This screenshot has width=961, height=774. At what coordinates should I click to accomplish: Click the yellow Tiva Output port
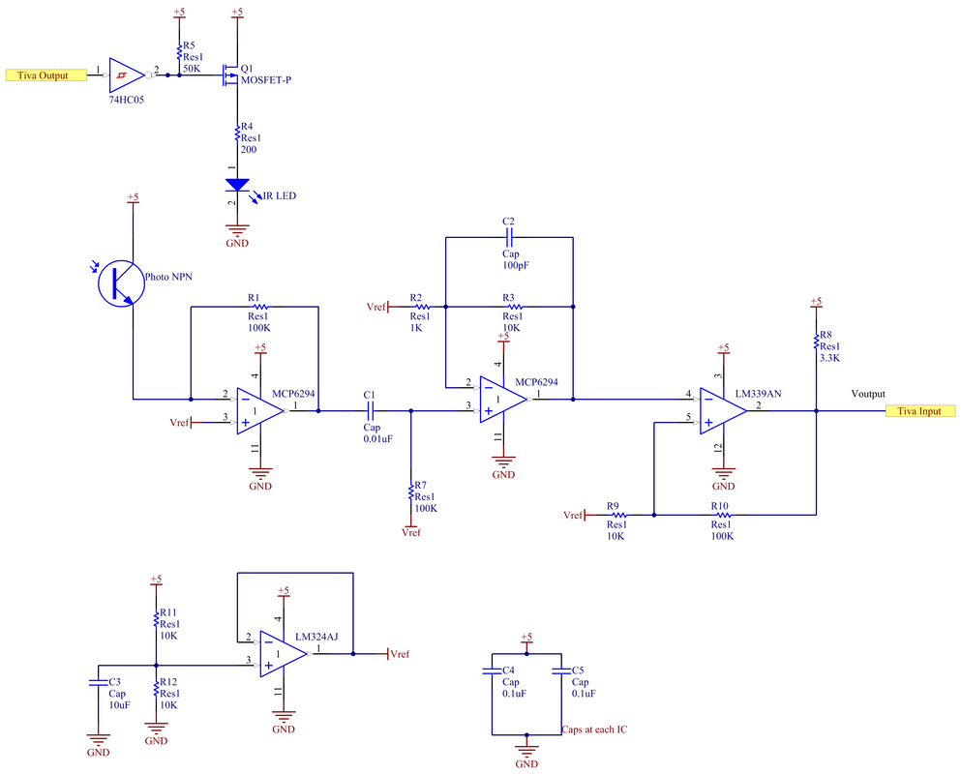click(x=45, y=75)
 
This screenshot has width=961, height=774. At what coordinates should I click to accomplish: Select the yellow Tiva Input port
click(x=920, y=410)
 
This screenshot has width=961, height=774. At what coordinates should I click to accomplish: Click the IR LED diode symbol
click(x=237, y=185)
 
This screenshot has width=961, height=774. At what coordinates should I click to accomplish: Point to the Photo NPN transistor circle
click(x=121, y=283)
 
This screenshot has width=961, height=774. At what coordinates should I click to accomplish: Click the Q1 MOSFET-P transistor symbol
click(x=231, y=74)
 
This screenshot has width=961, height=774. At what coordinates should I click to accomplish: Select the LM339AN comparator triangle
click(x=723, y=410)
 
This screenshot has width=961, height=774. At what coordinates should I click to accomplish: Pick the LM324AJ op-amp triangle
click(x=284, y=654)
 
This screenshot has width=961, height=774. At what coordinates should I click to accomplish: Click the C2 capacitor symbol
click(x=509, y=237)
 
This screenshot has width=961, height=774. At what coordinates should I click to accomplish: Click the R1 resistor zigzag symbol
click(x=260, y=307)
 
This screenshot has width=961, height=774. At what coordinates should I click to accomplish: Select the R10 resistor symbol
click(x=723, y=515)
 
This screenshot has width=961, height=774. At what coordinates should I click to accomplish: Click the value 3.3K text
click(x=829, y=358)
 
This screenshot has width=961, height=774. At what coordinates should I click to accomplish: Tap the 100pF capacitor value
click(x=516, y=265)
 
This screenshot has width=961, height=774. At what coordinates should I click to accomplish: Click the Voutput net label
click(x=868, y=394)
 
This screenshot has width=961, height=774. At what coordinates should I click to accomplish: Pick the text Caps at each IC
click(x=594, y=729)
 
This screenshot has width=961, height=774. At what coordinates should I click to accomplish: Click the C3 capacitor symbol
click(x=98, y=681)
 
